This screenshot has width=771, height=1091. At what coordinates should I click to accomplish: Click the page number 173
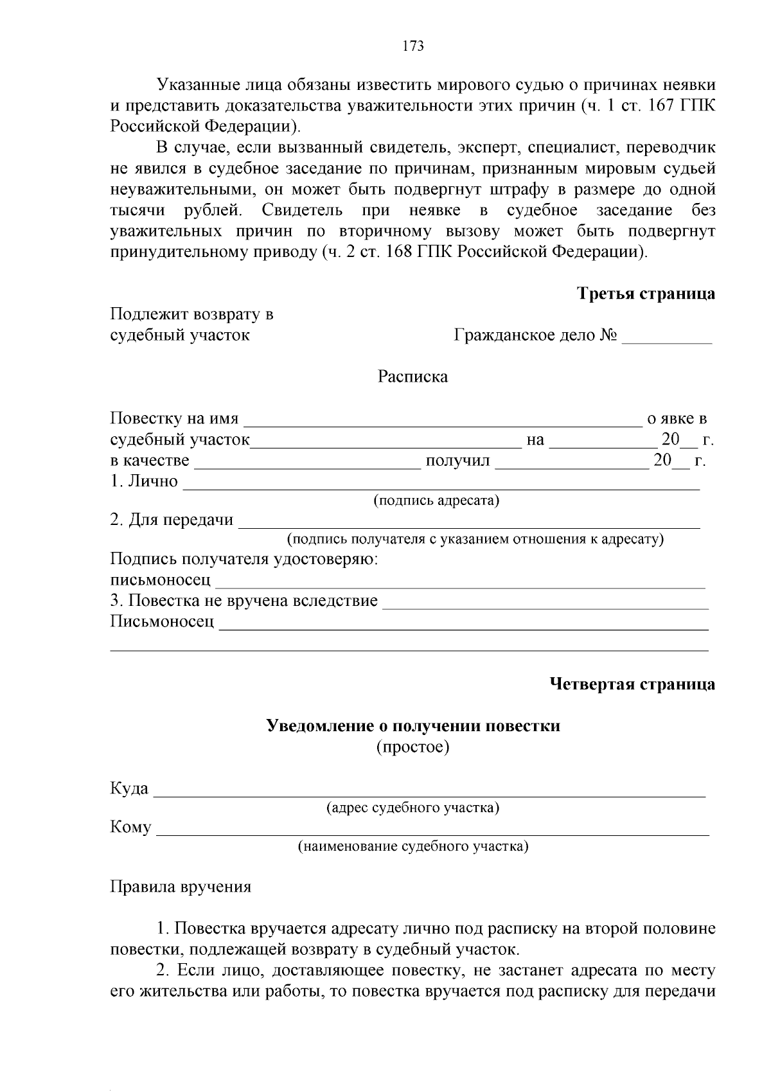[x=412, y=46]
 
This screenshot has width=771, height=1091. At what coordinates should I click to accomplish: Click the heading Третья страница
[x=646, y=294]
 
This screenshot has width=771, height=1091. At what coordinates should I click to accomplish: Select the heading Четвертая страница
[x=632, y=684]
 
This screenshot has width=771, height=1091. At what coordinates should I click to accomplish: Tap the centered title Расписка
[x=412, y=377]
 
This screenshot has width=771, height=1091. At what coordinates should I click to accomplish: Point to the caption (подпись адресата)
[x=436, y=500]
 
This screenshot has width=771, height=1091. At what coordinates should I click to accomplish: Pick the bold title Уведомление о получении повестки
[x=413, y=726]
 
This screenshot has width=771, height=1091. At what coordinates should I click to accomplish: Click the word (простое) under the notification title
[x=412, y=747]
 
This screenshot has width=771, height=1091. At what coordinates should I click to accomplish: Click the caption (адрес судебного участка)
[x=412, y=807]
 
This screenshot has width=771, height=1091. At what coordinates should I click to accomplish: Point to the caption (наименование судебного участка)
[x=412, y=846]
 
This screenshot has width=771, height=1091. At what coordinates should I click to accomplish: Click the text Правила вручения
[x=181, y=887]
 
